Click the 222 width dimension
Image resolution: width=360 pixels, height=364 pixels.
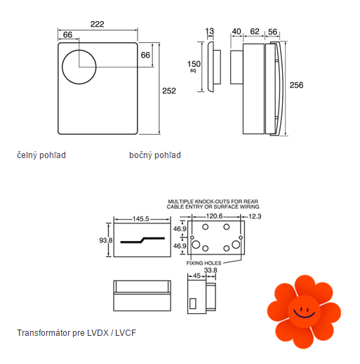[x=98, y=24]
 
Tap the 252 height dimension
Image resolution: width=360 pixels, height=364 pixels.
[x=169, y=91]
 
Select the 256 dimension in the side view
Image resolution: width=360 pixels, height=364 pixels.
[x=296, y=85]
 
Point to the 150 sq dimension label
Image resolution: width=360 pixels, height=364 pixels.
[x=194, y=66]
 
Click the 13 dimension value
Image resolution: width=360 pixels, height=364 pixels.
[x=210, y=31]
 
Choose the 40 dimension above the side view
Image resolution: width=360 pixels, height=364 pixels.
[x=236, y=32]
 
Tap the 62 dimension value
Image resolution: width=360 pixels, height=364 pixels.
[x=255, y=31]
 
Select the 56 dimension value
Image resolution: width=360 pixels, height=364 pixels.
[x=272, y=32]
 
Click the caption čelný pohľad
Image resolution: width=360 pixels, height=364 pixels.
[x=41, y=155]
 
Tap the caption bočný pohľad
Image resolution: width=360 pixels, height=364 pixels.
[x=155, y=155]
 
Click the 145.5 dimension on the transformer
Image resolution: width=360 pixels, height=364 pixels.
[x=141, y=219]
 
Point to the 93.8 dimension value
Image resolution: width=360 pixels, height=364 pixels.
[x=106, y=240]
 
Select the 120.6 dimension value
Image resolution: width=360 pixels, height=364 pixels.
[x=214, y=216]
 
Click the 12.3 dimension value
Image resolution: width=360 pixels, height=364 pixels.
[x=255, y=216]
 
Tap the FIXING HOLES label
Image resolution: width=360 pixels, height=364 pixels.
[x=204, y=263]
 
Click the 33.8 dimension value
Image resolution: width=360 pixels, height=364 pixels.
[x=211, y=271]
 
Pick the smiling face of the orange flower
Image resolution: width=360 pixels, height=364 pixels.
[x=304, y=311]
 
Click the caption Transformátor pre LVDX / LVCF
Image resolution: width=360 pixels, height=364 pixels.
[x=76, y=333]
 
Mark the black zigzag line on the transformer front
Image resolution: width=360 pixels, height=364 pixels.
[x=142, y=240]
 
